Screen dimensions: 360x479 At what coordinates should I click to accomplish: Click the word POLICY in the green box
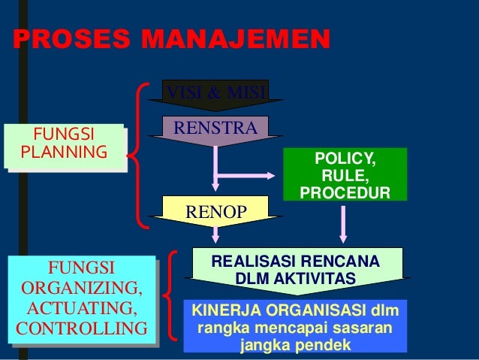(x=346, y=159)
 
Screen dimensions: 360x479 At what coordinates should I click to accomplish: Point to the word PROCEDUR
(x=345, y=194)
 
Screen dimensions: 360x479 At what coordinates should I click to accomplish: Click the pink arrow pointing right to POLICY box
(x=248, y=176)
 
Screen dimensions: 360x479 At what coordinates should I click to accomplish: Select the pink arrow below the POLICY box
(x=343, y=223)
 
